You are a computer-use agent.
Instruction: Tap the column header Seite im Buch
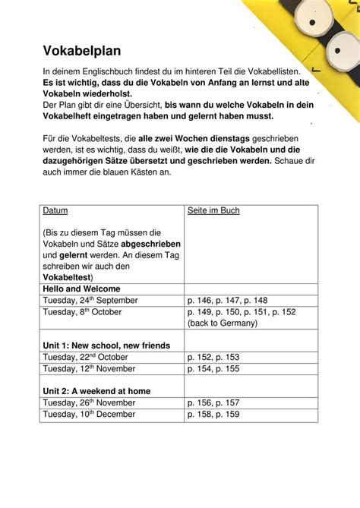coord(213,210)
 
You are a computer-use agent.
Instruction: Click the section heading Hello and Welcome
coord(81,289)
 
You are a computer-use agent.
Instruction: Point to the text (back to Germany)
coord(222,323)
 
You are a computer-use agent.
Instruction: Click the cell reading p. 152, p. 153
coord(213,357)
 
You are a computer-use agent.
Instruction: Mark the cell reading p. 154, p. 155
coord(213,368)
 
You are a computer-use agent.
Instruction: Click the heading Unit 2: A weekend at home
coord(96,391)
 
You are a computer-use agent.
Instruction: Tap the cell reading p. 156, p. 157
coord(213,402)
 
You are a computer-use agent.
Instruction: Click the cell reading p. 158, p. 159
coord(213,414)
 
